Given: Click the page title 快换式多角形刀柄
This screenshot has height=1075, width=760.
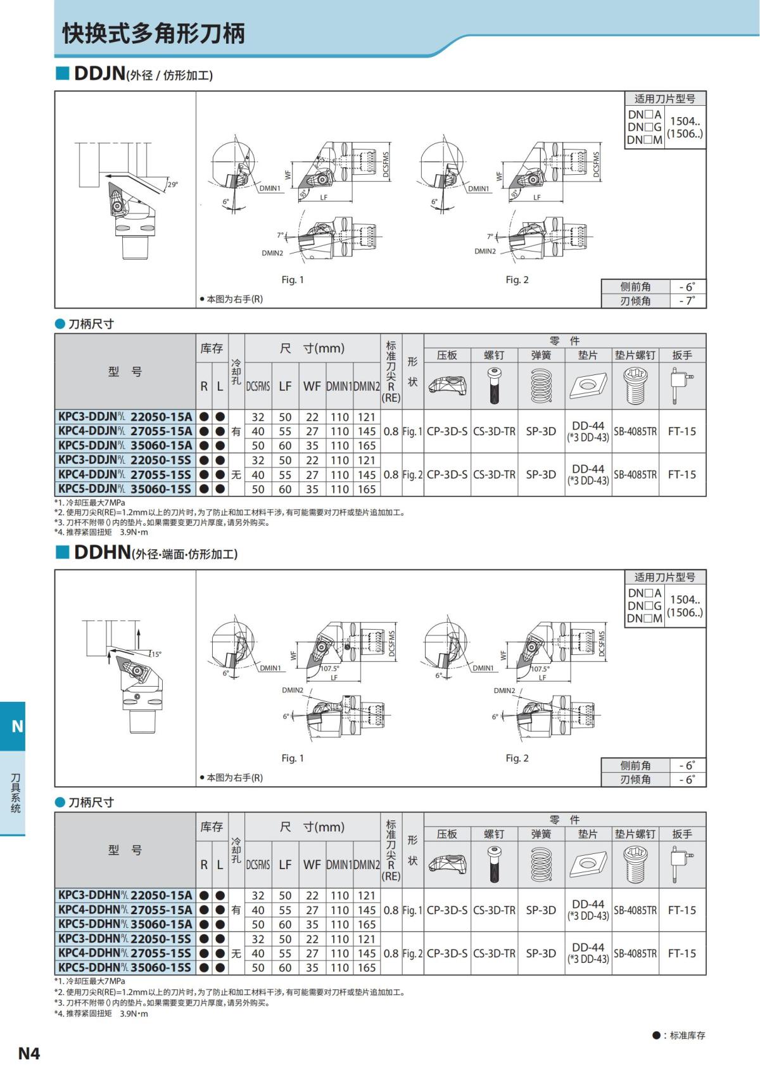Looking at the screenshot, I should (153, 34).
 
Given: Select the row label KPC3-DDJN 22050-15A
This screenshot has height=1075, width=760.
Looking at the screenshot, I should (125, 417).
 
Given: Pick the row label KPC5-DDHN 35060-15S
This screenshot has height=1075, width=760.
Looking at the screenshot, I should (125, 967).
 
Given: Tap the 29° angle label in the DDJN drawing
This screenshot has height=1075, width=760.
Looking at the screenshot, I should (172, 185).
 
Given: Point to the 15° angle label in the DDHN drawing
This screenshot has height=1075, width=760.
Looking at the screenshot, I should (155, 654).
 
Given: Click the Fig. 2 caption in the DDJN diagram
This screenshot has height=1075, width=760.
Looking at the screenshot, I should (517, 280).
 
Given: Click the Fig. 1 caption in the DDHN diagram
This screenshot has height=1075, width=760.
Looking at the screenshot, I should (293, 758).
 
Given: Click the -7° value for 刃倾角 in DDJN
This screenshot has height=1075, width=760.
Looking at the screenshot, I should (687, 301).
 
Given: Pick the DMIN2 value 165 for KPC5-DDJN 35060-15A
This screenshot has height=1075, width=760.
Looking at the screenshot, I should (367, 445).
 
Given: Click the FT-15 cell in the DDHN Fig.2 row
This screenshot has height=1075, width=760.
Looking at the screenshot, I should (681, 953).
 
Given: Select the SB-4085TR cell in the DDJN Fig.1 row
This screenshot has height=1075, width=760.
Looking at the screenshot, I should (635, 431).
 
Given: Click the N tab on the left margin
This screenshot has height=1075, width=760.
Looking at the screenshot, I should (17, 726).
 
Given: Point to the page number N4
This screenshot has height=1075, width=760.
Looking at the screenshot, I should (29, 1053).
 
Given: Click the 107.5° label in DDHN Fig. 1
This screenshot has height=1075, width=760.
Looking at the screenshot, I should (329, 668).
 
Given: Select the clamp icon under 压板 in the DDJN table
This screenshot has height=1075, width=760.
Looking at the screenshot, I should (447, 386).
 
